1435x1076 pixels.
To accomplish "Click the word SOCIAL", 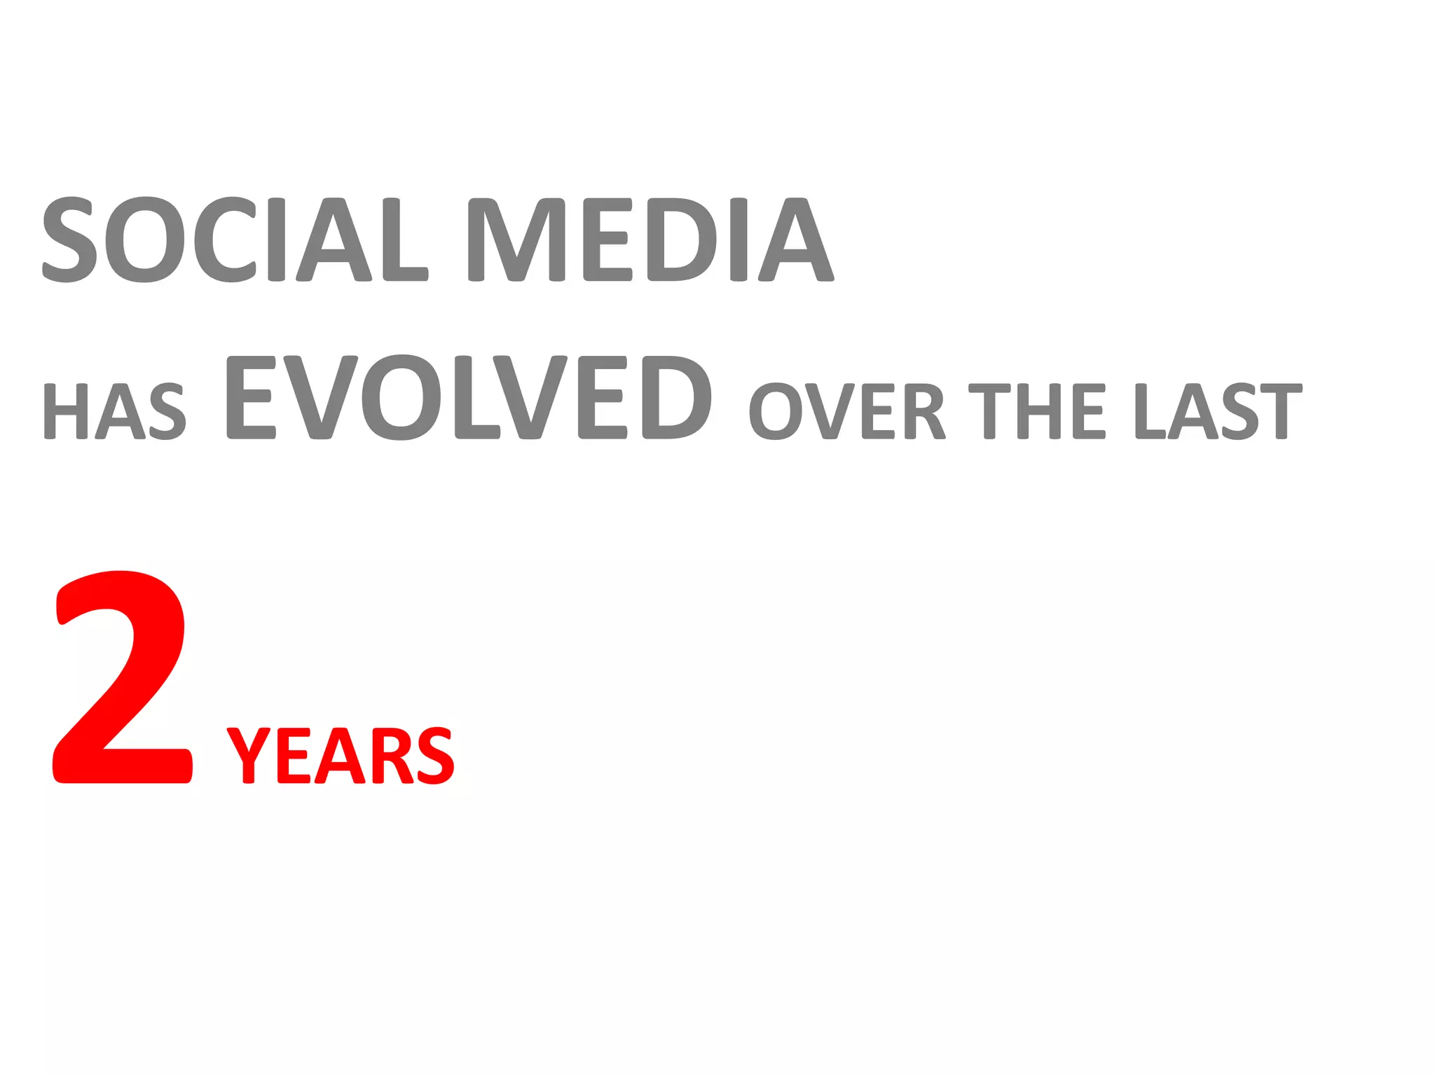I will tap(235, 239).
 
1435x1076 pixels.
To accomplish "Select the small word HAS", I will tap(114, 411).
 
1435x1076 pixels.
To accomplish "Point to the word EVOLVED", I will tap(469, 397).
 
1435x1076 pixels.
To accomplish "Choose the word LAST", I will tap(1218, 411).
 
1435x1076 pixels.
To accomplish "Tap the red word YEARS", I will tap(341, 756).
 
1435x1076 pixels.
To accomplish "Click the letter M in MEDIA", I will tap(516, 239).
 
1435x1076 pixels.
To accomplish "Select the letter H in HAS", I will tap(65, 411).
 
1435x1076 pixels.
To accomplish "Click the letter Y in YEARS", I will tap(249, 756).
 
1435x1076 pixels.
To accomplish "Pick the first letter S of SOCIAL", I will tap(69, 239).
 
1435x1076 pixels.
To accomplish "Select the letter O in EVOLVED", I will tap(401, 397).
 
